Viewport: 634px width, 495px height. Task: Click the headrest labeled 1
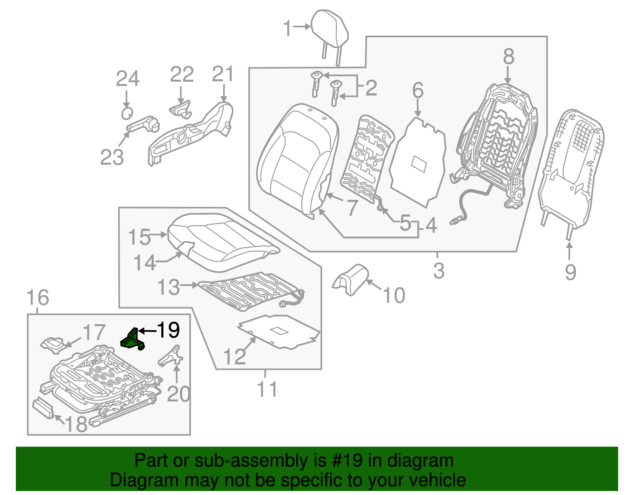(x=330, y=29)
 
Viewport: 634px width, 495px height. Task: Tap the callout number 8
(x=508, y=57)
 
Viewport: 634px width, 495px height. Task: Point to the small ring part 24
(x=126, y=113)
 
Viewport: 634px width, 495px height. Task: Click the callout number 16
(x=38, y=298)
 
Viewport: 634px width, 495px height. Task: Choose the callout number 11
(x=267, y=389)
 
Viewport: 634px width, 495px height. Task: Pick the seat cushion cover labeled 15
(x=222, y=242)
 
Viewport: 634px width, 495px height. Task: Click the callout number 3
(x=439, y=271)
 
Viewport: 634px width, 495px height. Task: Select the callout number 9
(x=570, y=272)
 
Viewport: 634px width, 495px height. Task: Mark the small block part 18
(x=43, y=408)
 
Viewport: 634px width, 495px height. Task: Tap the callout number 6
(x=418, y=91)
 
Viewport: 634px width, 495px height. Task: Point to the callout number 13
(x=169, y=287)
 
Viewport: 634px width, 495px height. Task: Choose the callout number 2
(x=371, y=88)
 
